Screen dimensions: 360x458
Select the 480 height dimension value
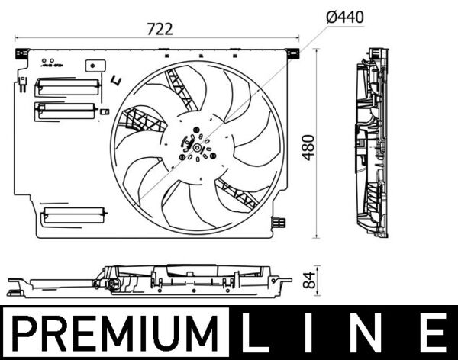point(308,146)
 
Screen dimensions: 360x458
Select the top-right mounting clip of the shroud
point(292,53)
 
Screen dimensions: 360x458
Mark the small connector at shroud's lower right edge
point(281,223)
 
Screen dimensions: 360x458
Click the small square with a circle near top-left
point(98,66)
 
